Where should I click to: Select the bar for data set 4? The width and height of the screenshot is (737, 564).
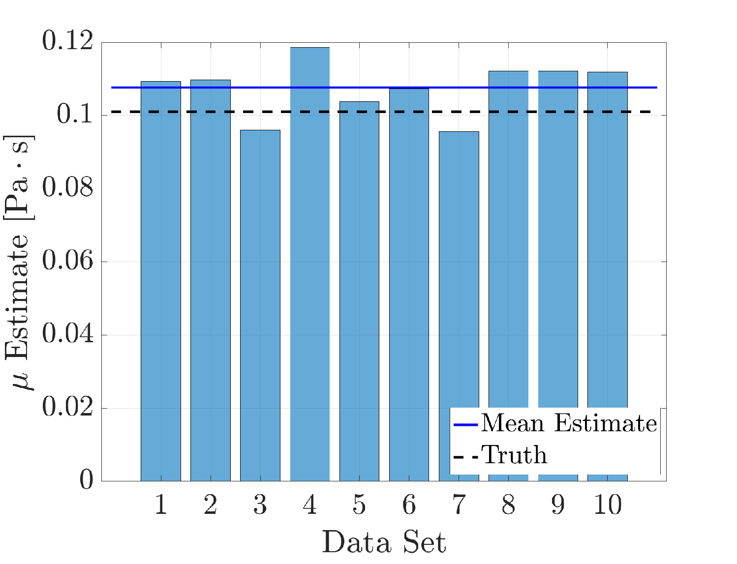point(309,264)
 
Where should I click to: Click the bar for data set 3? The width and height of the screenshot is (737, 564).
point(260,305)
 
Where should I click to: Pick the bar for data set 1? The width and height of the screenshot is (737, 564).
point(161,281)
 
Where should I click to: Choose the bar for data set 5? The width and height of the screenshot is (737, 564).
point(359,291)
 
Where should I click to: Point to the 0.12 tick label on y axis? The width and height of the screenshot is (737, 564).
point(67,41)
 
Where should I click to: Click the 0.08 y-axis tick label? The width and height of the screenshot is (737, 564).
point(67,187)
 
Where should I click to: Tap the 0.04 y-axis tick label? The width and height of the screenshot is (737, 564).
point(67,333)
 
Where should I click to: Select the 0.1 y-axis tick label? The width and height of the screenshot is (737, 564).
point(75,114)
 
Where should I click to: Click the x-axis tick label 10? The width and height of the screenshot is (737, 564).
point(608,505)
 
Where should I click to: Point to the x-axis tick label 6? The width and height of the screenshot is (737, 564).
point(409,505)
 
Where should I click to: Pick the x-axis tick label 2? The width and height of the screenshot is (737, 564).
point(211,505)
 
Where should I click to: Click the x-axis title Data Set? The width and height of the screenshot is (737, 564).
point(384,542)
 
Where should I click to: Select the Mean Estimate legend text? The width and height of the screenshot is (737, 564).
point(569,424)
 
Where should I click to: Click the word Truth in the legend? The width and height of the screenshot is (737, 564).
point(514,455)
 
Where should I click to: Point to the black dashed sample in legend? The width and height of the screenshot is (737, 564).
point(466,457)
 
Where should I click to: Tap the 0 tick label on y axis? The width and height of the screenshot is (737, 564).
point(86,480)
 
